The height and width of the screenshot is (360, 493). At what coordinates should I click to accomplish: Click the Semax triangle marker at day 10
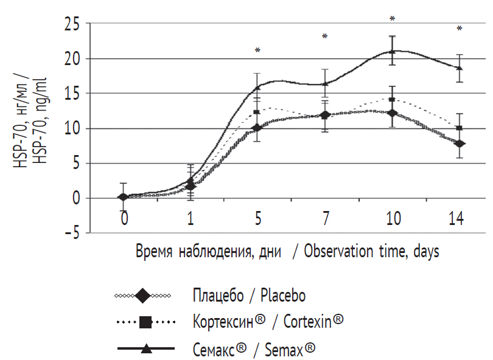coord(393,52)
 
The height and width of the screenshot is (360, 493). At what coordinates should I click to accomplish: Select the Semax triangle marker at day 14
coord(460,67)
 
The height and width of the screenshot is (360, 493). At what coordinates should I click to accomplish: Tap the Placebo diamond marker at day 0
coord(124,197)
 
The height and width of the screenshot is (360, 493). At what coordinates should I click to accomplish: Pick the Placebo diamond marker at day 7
coord(325,115)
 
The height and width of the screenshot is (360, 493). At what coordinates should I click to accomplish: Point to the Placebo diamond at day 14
coord(460,144)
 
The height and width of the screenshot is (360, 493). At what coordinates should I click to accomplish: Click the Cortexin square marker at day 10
coord(393,100)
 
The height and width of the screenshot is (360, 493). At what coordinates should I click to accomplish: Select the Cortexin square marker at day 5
coord(257,112)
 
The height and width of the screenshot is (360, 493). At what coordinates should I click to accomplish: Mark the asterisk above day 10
coord(393,19)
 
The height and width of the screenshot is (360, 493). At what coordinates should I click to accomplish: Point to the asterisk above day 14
coord(460,29)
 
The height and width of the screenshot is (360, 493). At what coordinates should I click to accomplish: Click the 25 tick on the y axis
coord(72,24)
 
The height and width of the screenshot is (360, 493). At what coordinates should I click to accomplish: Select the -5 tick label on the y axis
coord(72,233)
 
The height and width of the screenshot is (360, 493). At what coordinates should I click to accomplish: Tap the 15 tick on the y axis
coord(72,94)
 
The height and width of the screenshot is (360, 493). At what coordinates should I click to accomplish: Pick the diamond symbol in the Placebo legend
coord(144,296)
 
